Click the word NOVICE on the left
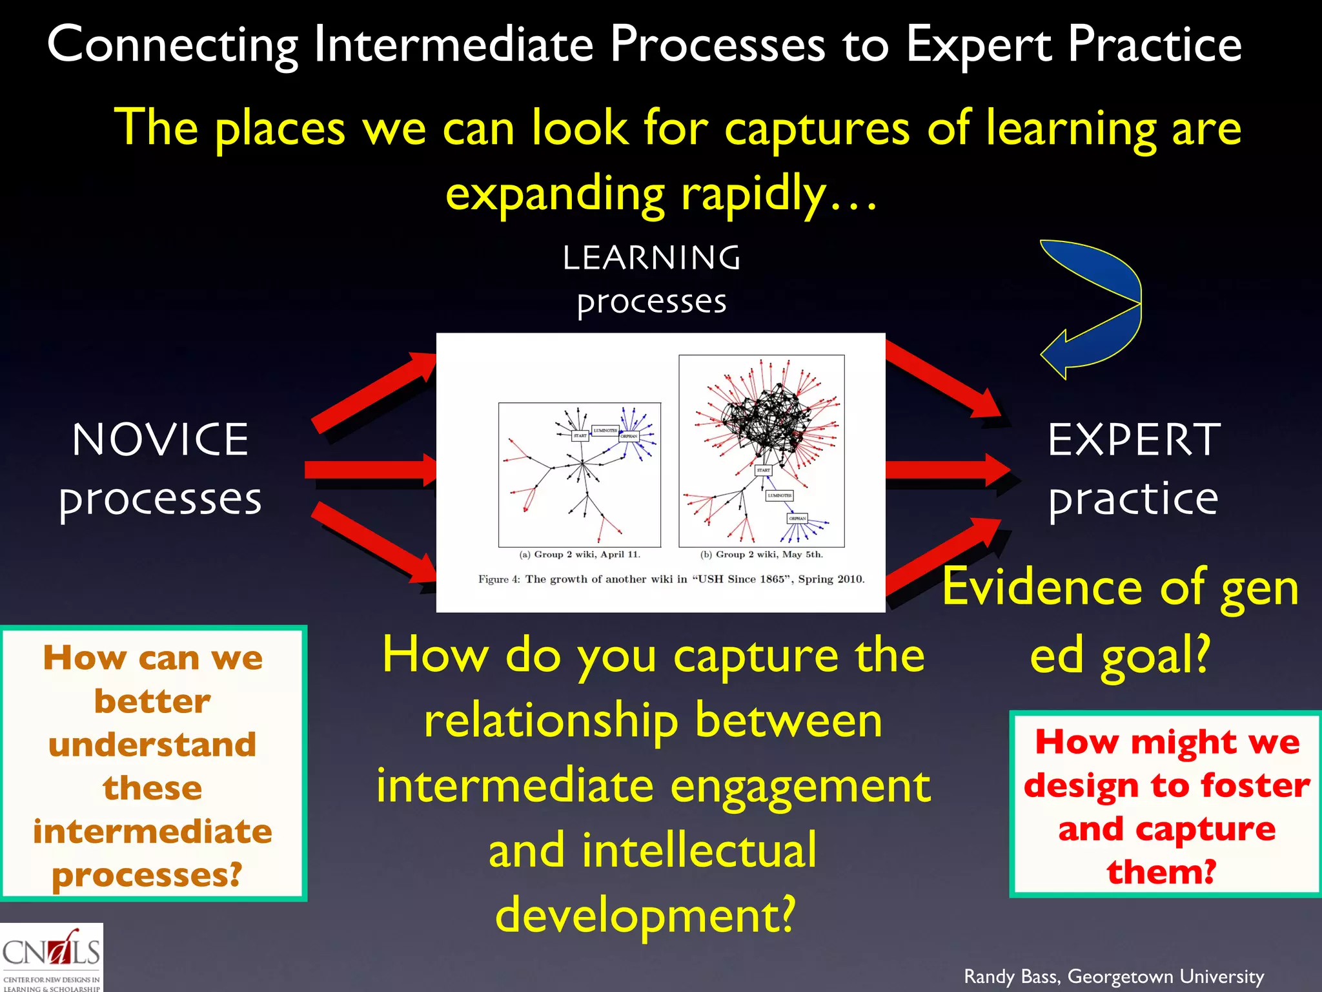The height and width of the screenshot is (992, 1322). coord(160,440)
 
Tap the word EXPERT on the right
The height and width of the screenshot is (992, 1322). coord(1134,440)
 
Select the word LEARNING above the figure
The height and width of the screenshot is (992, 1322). coord(651,258)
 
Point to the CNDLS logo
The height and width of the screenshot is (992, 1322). coord(51,957)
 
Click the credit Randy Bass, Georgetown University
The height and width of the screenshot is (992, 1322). coord(1114,976)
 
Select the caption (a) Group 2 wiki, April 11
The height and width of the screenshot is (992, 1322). coord(580,554)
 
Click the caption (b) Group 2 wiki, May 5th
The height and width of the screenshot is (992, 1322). coord(762,554)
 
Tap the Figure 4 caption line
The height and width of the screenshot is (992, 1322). coord(671,579)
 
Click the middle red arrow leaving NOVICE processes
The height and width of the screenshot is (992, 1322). coord(368,470)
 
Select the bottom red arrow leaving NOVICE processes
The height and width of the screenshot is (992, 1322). coord(371,542)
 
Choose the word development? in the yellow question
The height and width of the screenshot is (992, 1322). coord(646,915)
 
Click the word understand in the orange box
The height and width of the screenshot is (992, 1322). coord(152,744)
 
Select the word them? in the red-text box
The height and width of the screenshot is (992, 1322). coord(1162,871)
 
